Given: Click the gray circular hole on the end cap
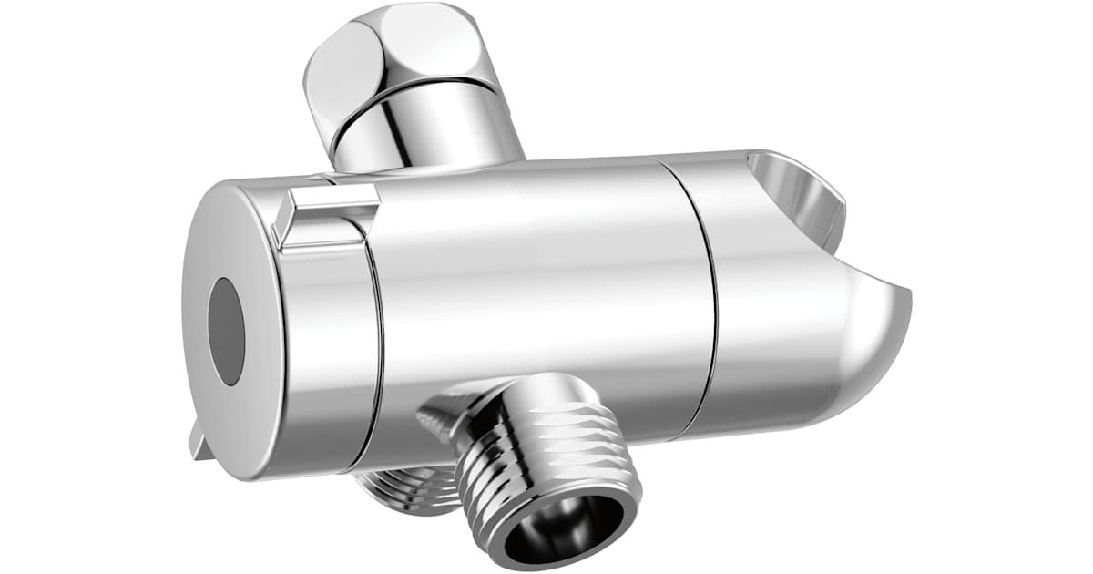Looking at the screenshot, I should (227, 331).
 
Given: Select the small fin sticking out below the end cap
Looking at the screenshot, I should (199, 441).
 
